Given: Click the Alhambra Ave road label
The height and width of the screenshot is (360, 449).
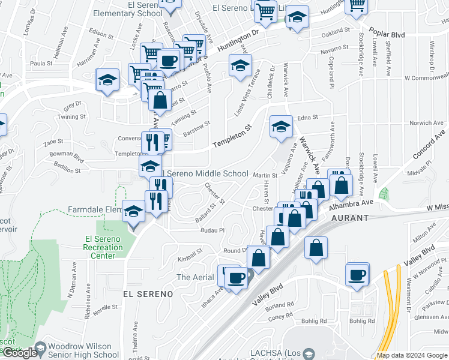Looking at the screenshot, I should pos(351,204).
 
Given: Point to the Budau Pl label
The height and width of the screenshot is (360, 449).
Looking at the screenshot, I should pos(212,230).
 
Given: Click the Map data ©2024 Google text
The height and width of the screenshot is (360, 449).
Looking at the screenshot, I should pos(412,355).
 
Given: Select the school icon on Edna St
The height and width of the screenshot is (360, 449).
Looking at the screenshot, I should pos(280,127).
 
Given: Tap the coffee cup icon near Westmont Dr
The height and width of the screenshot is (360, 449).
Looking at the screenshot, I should pos(357,274).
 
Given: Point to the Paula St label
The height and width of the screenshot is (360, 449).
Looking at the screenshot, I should pos(41,63).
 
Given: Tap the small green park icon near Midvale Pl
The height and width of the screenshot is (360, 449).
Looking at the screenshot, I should pos(383,194).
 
